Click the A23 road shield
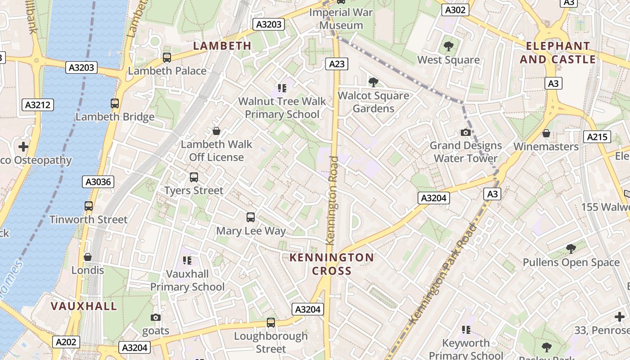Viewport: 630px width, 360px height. pos(337,64)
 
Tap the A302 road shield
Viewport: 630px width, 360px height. pos(455,10)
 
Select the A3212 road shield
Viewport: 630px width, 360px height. pos(38,105)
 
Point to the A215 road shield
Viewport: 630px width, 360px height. pos(597,137)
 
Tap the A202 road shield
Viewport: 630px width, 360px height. pos(66,342)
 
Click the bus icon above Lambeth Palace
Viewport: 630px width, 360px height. pos(167,57)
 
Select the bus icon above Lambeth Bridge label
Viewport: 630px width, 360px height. pos(115,103)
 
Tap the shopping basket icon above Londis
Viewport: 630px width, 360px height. pos(88,257)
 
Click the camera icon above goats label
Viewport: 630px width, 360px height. pos(156,317)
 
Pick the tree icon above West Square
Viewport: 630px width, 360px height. pos(448,46)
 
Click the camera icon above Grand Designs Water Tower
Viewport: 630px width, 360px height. pos(466,132)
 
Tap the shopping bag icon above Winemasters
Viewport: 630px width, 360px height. pos(546,133)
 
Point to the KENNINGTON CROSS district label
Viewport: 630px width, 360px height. pos(332,264)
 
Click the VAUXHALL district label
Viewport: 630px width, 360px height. pos(84,306)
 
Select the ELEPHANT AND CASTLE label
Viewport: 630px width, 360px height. pos(558,53)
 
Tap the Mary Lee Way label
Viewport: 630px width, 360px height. pos(251,231)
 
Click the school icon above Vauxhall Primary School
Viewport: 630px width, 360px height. pos(187,260)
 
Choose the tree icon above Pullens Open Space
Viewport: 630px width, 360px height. pos(571,248)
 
